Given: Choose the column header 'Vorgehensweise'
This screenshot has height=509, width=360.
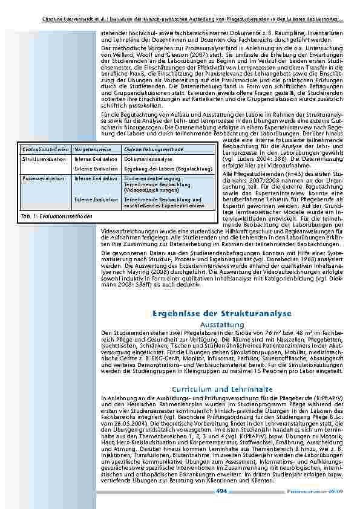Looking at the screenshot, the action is [x=89, y=148].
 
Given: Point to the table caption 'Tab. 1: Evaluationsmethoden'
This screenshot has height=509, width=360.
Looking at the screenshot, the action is [x=56, y=216].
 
